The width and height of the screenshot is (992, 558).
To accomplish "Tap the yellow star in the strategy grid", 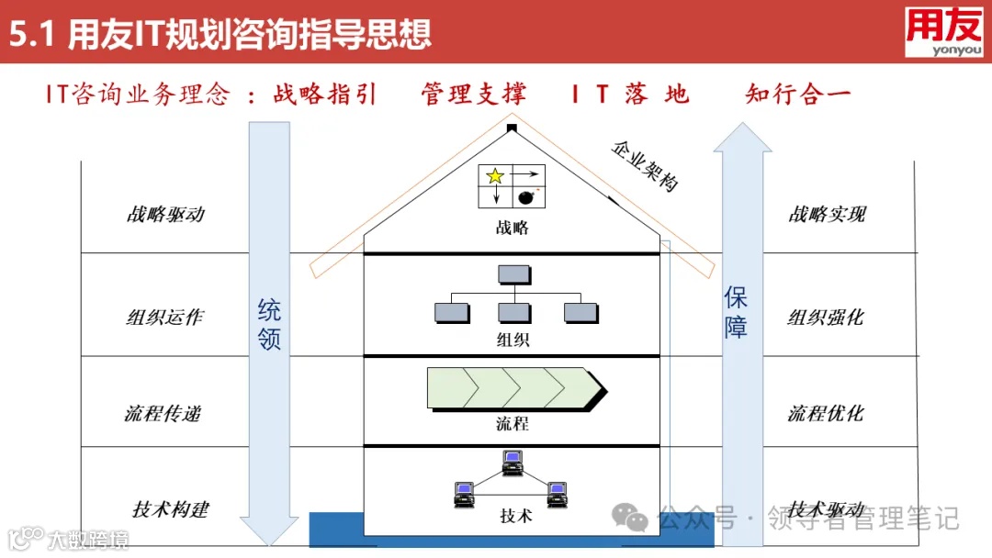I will point(495,176).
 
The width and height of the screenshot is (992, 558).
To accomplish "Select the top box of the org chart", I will point(512,273).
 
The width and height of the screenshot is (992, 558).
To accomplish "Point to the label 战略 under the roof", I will point(512,228).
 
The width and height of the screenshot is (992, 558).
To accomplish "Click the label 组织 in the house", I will point(513,340).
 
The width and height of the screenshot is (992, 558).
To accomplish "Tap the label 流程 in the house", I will point(513,423).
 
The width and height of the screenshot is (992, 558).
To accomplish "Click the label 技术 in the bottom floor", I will point(515,515).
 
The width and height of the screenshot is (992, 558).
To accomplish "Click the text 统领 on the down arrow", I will point(269,324).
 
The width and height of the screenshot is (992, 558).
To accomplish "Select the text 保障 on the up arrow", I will point(736,312).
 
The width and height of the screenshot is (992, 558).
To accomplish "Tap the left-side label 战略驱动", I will point(165,215).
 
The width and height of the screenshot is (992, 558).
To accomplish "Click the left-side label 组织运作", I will point(164,318).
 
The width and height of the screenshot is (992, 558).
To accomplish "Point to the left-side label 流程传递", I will point(163,414).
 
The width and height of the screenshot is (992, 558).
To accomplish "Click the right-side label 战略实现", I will point(827,215).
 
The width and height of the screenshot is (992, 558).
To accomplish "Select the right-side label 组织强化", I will point(826,318).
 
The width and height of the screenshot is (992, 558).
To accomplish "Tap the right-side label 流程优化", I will point(826,414).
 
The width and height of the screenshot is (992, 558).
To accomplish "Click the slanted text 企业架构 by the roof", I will point(646,166).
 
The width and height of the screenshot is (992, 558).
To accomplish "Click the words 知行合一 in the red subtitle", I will point(798,95).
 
